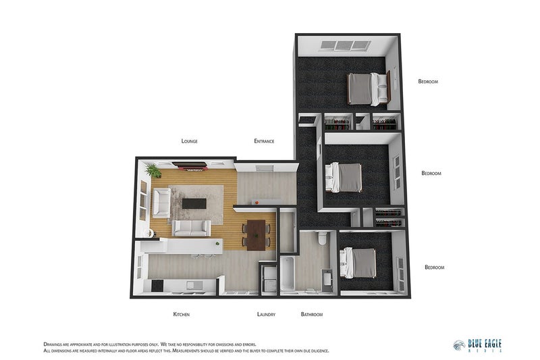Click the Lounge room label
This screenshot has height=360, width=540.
(x=189, y=141)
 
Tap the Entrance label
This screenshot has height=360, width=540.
(x=264, y=141)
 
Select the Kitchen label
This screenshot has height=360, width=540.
(x=181, y=315)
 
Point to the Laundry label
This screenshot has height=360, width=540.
(x=267, y=315)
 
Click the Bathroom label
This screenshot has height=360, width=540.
(x=312, y=315)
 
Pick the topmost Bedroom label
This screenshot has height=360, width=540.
(x=428, y=82)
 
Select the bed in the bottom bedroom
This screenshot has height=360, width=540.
(x=358, y=263)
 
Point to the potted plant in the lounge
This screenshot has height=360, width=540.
(x=153, y=170)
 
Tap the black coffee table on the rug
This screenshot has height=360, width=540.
(x=196, y=203)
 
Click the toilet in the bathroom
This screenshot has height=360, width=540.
(x=322, y=238)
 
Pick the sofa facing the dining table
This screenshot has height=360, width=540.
(x=192, y=228)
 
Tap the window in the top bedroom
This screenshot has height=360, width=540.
(x=345, y=46)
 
